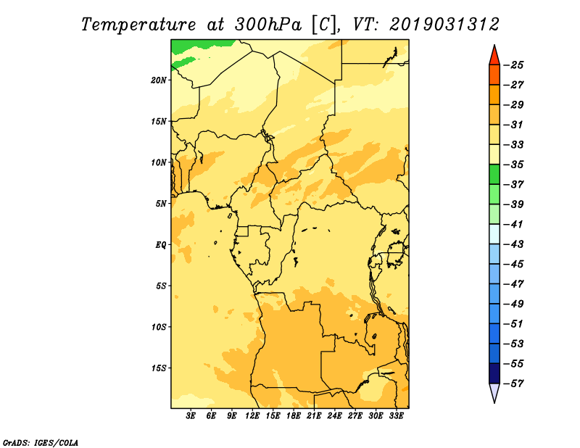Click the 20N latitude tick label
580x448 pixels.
pyautogui.click(x=159, y=80)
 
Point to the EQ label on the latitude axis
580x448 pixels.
pyautogui.click(x=160, y=245)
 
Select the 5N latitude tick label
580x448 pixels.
pyautogui.click(x=161, y=204)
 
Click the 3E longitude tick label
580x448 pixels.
pyautogui.click(x=191, y=415)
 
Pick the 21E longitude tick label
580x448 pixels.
pyautogui.click(x=314, y=415)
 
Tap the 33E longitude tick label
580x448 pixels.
pyautogui.click(x=396, y=415)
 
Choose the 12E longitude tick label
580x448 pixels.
pyautogui.click(x=252, y=415)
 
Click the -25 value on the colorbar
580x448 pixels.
pyautogui.click(x=513, y=65)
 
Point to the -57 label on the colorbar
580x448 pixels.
pyautogui.click(x=513, y=383)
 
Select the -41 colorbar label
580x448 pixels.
pyautogui.click(x=513, y=224)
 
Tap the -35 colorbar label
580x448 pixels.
pyautogui.click(x=513, y=165)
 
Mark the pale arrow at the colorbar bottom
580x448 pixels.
pyautogui.click(x=494, y=391)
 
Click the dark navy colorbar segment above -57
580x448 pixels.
pyautogui.click(x=494, y=373)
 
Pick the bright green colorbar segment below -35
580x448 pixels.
pyautogui.click(x=494, y=175)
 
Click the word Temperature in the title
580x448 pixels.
pyautogui.click(x=138, y=25)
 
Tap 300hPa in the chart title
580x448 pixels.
pyautogui.click(x=268, y=25)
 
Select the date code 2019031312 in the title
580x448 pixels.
pyautogui.click(x=444, y=25)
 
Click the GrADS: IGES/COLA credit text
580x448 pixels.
pyautogui.click(x=41, y=443)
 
